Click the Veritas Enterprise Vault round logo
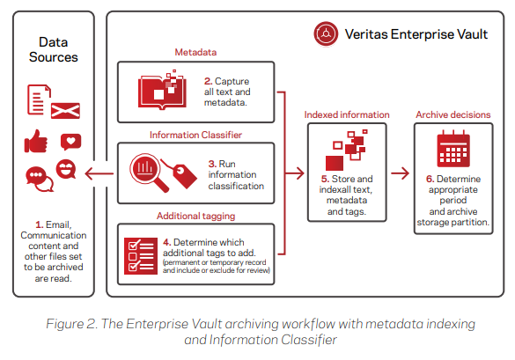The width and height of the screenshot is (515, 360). [x=326, y=33]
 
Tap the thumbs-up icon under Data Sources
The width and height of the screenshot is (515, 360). [x=36, y=141]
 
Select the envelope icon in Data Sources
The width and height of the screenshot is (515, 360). [x=65, y=111]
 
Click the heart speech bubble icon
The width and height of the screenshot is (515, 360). [x=70, y=142]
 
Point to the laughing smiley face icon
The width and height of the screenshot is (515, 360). [x=66, y=169]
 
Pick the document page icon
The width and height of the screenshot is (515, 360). [x=39, y=99]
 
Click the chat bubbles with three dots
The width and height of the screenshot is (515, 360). [x=40, y=180]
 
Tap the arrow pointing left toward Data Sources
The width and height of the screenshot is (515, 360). [x=99, y=173]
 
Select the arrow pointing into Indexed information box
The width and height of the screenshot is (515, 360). [x=295, y=173]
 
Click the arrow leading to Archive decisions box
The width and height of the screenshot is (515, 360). [x=400, y=173]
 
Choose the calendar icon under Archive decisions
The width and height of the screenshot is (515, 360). [x=453, y=149]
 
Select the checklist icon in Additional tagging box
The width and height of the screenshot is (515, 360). [x=141, y=256]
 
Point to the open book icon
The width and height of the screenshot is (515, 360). [x=162, y=91]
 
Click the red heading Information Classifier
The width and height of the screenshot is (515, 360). [x=195, y=135]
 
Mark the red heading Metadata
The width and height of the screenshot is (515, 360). [x=195, y=52]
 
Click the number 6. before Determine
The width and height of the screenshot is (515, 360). [x=430, y=179]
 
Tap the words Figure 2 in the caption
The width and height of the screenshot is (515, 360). [x=71, y=324]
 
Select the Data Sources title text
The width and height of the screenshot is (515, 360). [x=53, y=49]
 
